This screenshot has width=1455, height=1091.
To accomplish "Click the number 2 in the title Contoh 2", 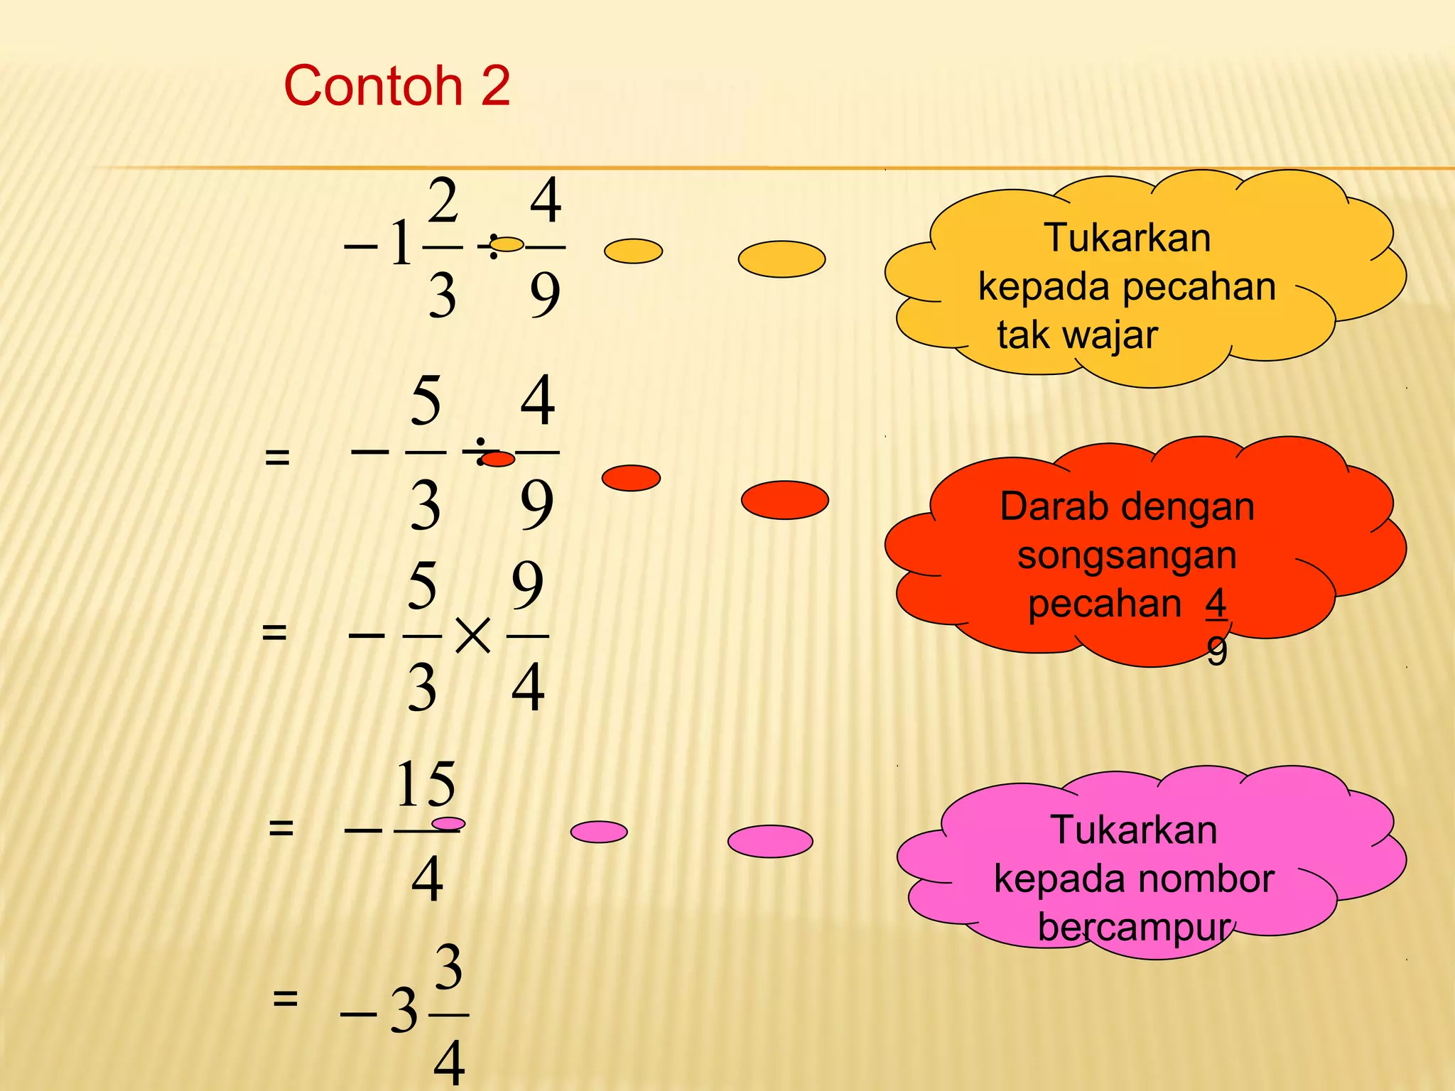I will [495, 86].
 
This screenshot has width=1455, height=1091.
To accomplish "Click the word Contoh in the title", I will [373, 86].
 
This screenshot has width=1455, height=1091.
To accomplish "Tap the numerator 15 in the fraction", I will [426, 784].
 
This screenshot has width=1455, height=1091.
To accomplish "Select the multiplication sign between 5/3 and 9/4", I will [472, 635].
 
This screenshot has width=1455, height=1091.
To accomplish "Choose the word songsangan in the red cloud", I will [1127, 555].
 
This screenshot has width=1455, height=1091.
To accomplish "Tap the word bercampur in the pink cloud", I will [1134, 927].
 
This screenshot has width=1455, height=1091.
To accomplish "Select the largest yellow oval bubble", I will [781, 259].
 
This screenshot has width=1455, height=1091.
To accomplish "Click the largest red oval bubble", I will [784, 500].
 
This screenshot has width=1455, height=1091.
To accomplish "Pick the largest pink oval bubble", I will [770, 841].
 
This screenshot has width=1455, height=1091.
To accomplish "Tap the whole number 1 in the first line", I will [401, 244].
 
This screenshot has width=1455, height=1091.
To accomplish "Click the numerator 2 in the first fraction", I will [443, 202].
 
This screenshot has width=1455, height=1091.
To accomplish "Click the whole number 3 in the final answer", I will [404, 1011].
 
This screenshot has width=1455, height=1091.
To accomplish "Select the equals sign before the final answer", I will [285, 998].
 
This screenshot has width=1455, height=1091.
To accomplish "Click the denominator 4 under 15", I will [427, 879].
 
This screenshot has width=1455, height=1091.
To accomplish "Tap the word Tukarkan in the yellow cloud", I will [1127, 238].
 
